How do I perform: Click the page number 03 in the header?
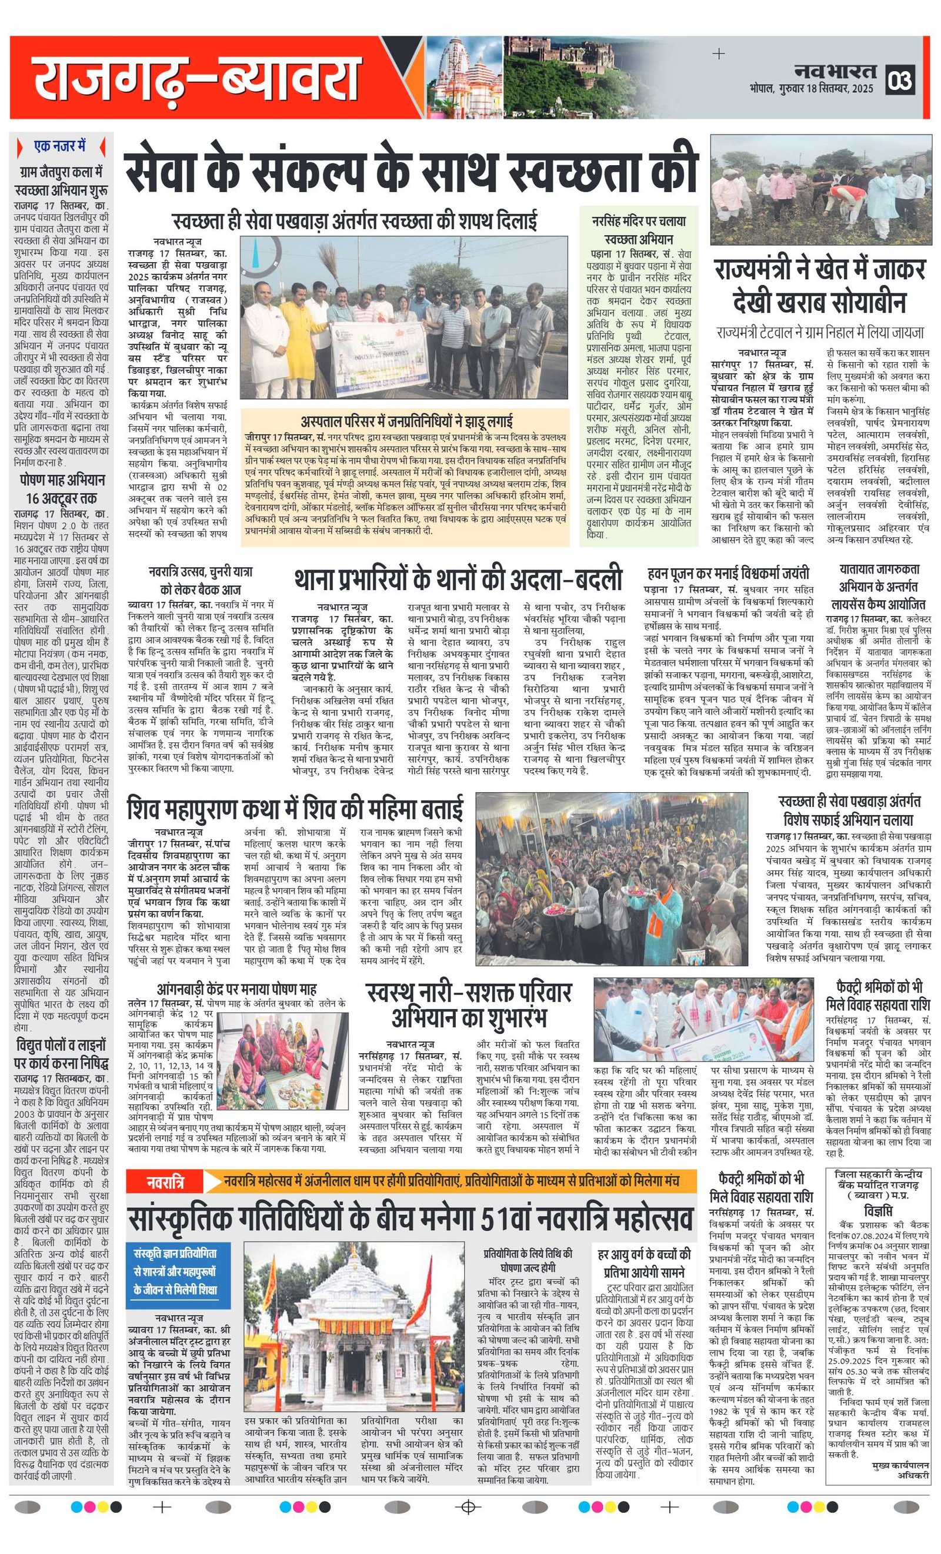pyautogui.click(x=900, y=81)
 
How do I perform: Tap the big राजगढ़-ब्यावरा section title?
pyautogui.click(x=196, y=78)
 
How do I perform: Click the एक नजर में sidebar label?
pyautogui.click(x=60, y=146)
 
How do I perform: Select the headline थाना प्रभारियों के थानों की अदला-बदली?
pyautogui.click(x=458, y=579)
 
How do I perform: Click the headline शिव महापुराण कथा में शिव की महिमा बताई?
pyautogui.click(x=295, y=809)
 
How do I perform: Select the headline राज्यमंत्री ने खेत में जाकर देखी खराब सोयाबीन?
pyautogui.click(x=820, y=284)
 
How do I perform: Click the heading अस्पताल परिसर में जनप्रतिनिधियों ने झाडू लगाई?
pyautogui.click(x=406, y=421)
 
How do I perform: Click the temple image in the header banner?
pyautogui.click(x=464, y=78)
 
